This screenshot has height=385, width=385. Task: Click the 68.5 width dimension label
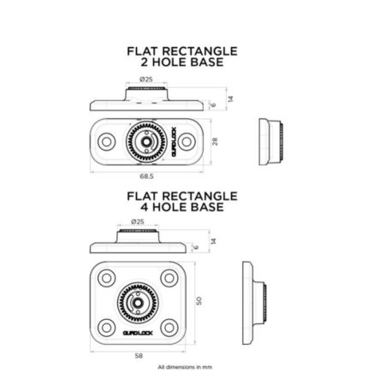click(x=146, y=176)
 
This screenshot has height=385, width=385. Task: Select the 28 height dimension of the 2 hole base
click(x=215, y=141)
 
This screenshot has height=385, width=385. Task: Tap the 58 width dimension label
click(x=139, y=356)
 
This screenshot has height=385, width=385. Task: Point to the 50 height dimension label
click(x=198, y=301)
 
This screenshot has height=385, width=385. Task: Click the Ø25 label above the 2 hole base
click(x=146, y=80)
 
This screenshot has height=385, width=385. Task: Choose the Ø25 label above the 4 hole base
click(x=138, y=222)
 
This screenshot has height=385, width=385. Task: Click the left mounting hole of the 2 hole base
click(x=107, y=141)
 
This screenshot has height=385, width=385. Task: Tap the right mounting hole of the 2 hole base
click(x=187, y=141)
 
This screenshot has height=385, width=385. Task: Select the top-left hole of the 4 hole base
click(x=106, y=278)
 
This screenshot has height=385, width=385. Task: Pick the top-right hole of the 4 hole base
click(x=169, y=278)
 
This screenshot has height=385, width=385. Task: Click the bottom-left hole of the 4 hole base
click(x=106, y=328)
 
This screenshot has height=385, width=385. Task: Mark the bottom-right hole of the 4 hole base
click(x=169, y=328)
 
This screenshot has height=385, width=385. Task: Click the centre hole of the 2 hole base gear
click(x=146, y=141)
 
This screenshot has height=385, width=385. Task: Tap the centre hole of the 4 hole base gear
click(x=138, y=303)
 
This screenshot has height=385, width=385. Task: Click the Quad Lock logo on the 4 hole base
click(x=138, y=333)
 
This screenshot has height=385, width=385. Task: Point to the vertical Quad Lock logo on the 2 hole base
click(x=174, y=141)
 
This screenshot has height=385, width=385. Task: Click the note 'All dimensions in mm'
click(x=185, y=367)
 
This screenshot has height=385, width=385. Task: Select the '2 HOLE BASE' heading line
click(x=182, y=62)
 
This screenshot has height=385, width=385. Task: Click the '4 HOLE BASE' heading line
click(x=182, y=207)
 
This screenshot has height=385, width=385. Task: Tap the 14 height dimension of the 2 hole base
click(x=230, y=98)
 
